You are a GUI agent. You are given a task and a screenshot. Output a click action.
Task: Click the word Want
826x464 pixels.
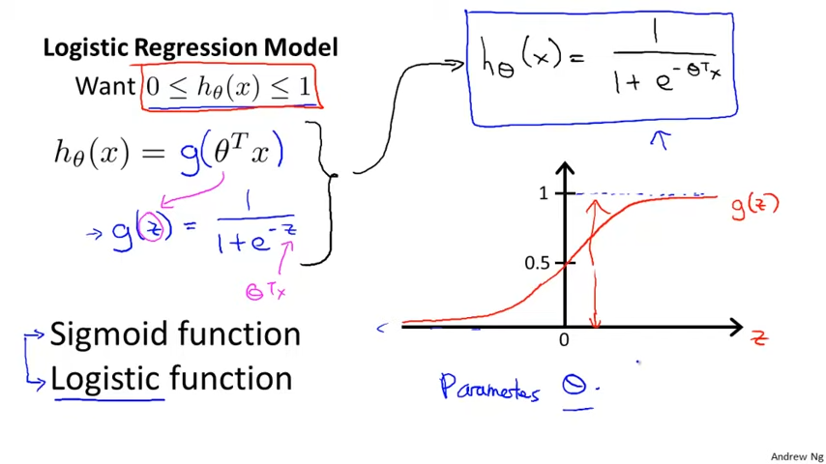[105, 86]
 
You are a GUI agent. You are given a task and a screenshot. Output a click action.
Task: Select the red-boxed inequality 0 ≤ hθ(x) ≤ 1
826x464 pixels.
[229, 88]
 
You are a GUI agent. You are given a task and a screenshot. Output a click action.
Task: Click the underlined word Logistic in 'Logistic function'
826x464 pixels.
[106, 378]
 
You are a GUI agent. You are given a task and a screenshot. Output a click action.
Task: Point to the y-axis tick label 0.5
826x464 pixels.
[537, 263]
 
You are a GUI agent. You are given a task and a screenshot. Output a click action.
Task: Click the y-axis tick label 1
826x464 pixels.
[544, 193]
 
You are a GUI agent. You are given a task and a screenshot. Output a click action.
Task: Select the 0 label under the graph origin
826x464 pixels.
[564, 340]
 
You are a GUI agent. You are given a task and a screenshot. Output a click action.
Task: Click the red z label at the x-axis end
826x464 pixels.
[759, 337]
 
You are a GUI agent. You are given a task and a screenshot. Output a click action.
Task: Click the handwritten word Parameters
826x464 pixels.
[489, 388]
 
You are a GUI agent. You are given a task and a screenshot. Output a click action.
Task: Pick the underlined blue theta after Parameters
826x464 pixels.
[575, 387]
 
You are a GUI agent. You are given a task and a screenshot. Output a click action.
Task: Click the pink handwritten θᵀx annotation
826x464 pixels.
[265, 290]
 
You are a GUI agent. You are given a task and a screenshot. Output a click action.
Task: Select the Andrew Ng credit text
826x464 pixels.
[797, 456]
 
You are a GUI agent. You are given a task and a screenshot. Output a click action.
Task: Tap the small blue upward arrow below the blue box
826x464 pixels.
[661, 141]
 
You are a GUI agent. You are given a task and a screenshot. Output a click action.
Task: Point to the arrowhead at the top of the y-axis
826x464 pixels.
[565, 171]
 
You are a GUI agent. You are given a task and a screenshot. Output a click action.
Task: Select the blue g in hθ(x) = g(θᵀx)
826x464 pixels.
[191, 153]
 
